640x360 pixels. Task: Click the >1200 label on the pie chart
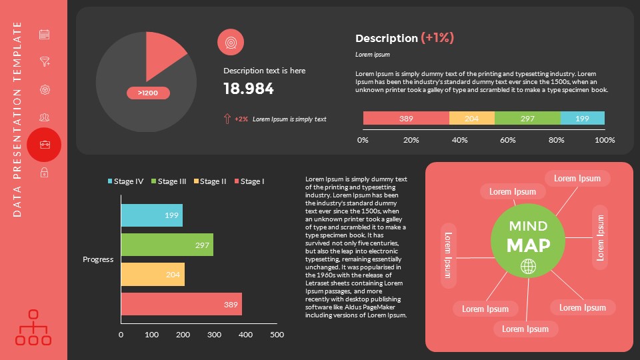tap(148, 93)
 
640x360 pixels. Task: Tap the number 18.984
tap(249, 89)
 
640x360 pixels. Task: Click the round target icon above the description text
tap(231, 42)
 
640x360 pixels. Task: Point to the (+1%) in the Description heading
tap(437, 38)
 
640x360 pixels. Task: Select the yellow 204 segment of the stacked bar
tap(472, 119)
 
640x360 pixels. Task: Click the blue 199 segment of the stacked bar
tap(582, 119)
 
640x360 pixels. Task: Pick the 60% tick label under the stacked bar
tap(508, 140)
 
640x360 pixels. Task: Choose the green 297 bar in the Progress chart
tap(167, 245)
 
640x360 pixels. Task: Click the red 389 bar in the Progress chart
tap(181, 304)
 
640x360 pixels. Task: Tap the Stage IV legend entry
tap(125, 181)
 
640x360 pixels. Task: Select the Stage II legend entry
tap(210, 181)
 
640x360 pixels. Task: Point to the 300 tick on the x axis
tap(215, 335)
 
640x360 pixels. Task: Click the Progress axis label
tap(98, 259)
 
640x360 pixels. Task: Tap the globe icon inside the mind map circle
tap(528, 267)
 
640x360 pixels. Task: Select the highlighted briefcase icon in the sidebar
tap(45, 145)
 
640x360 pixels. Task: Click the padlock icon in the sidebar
tap(45, 173)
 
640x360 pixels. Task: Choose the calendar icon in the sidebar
tap(45, 34)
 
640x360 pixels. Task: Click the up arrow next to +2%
tap(227, 119)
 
